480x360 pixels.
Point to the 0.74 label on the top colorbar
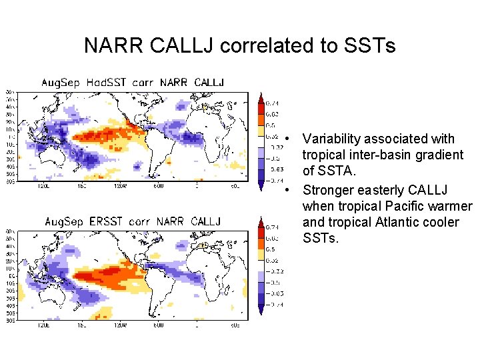pos(272,103)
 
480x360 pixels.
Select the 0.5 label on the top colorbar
pos(271,125)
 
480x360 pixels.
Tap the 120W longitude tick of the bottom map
pos(120,325)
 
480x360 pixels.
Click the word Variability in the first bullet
pos(334,139)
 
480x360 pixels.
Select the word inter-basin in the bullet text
pos(365,155)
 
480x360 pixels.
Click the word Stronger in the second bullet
pos(328,190)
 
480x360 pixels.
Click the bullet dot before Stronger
pos(285,190)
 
